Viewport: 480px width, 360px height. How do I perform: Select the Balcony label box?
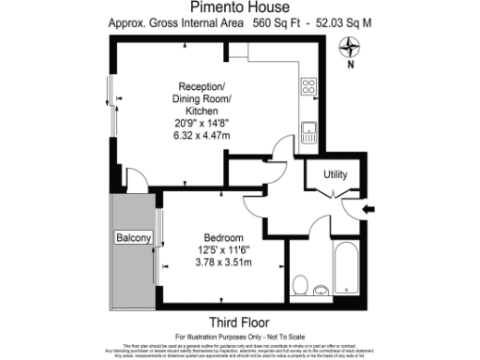coord(133,238)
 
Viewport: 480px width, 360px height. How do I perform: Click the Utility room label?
coord(336,174)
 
